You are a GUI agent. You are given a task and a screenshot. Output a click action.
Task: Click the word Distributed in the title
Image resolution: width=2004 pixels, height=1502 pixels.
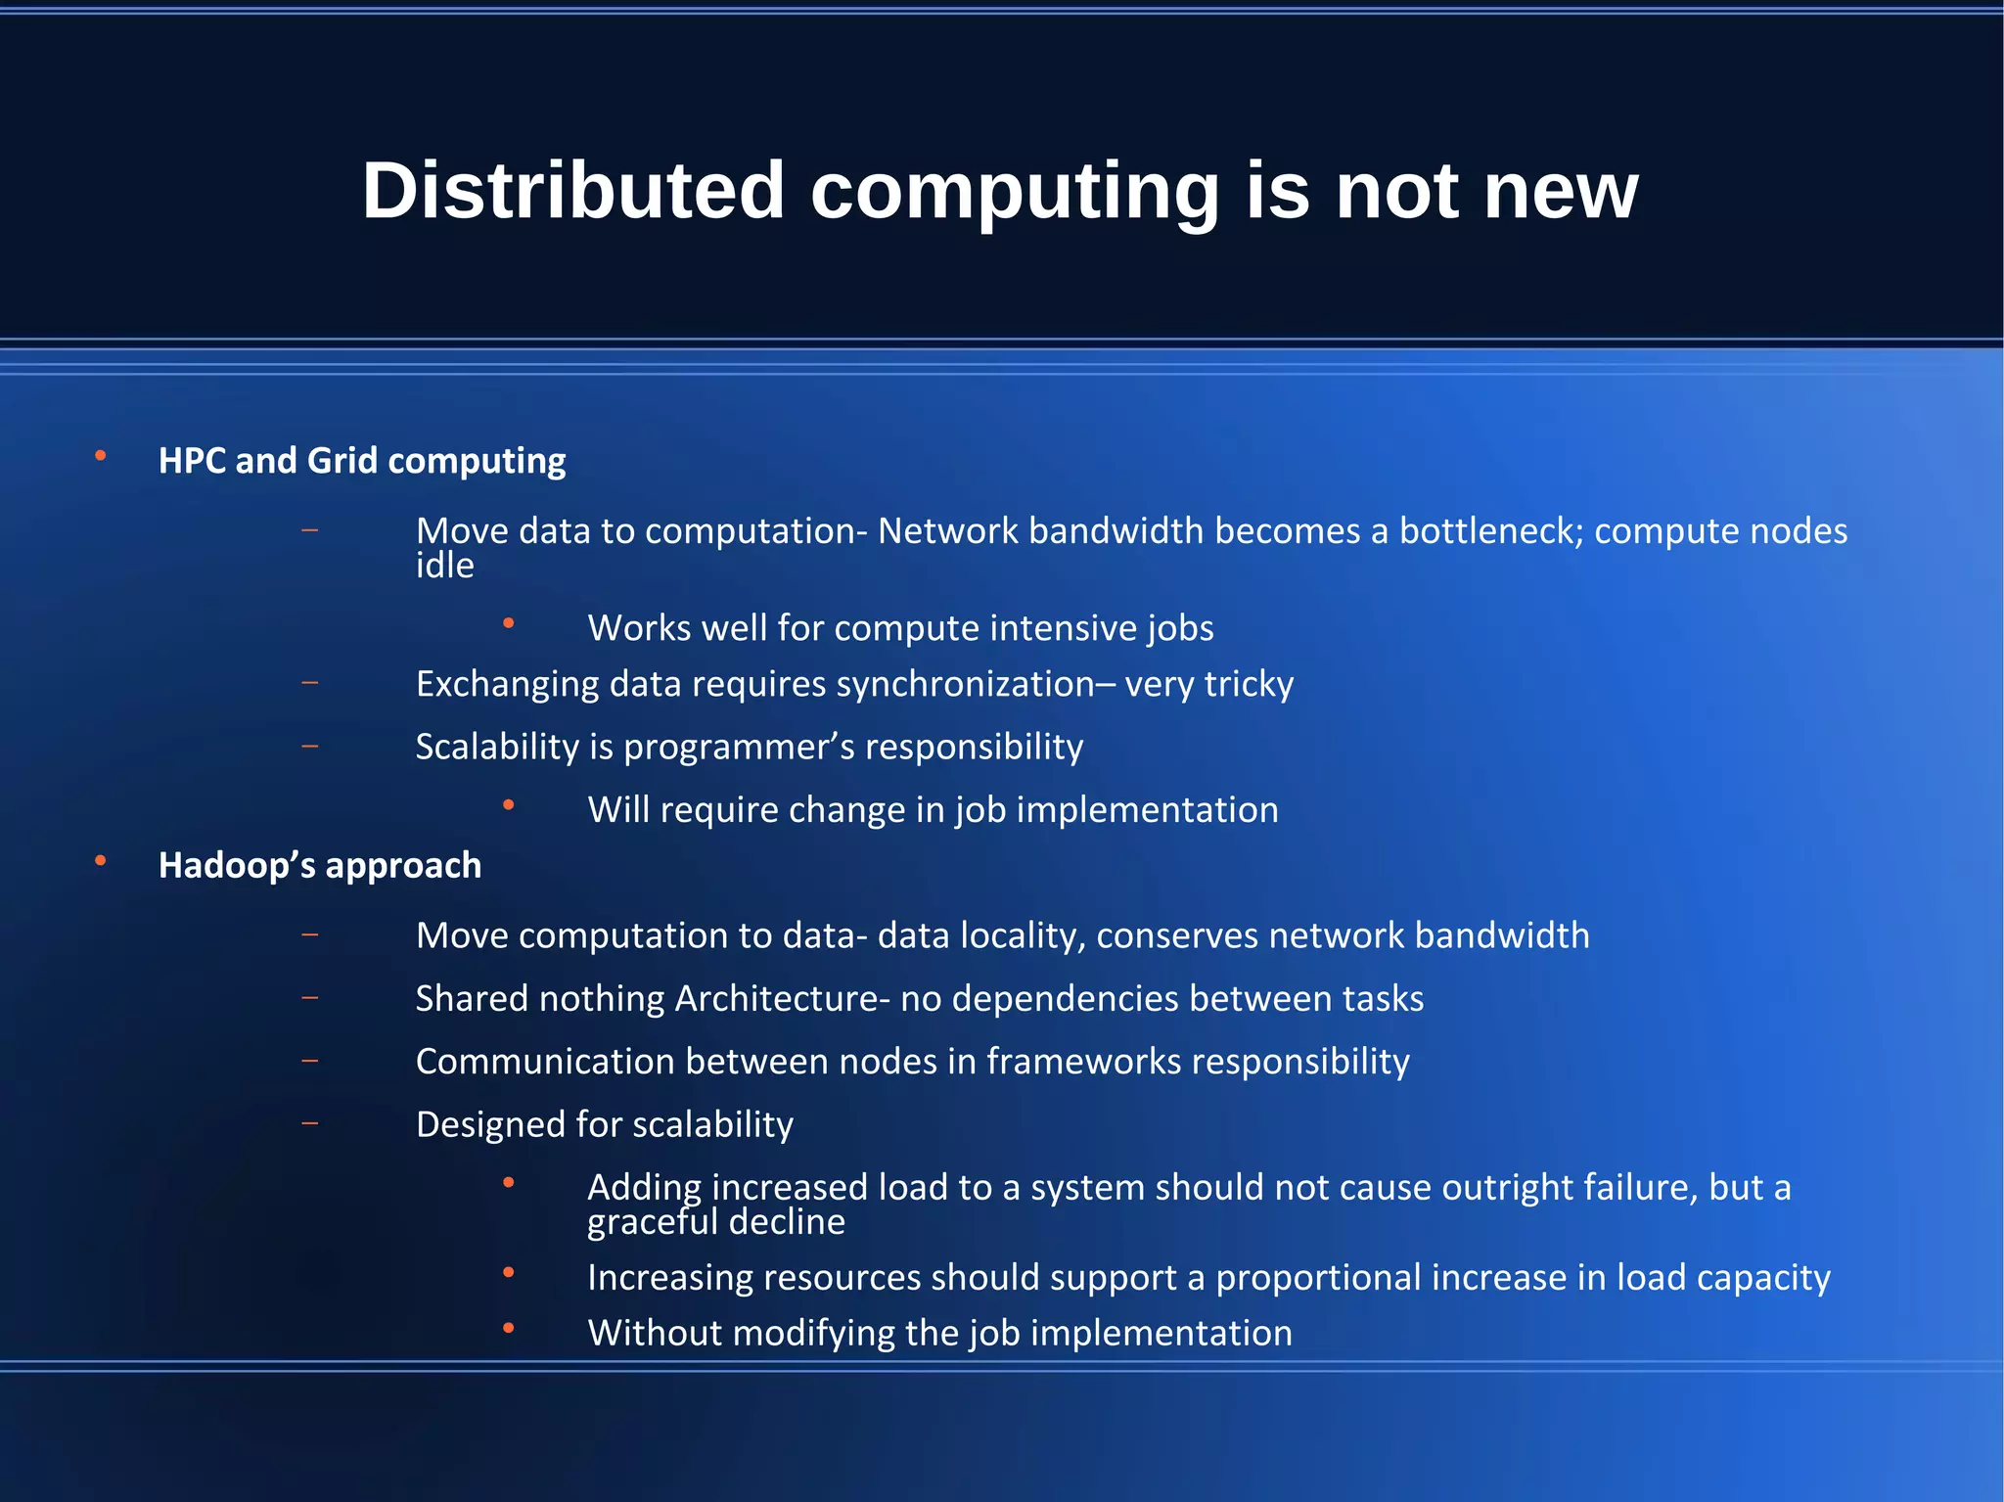pyautogui.click(x=573, y=190)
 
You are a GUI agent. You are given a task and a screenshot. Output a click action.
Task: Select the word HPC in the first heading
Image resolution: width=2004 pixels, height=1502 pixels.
pyautogui.click(x=192, y=461)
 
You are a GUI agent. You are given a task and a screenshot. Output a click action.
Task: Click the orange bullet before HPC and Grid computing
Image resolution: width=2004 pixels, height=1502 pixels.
pyautogui.click(x=100, y=456)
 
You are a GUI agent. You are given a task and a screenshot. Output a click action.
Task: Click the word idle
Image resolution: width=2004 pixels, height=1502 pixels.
pyautogui.click(x=444, y=567)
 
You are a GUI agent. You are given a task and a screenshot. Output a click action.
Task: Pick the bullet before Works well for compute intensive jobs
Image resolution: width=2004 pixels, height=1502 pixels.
pyautogui.click(x=508, y=622)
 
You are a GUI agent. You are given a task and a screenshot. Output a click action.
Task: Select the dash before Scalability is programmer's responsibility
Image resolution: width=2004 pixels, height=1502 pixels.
pyautogui.click(x=310, y=747)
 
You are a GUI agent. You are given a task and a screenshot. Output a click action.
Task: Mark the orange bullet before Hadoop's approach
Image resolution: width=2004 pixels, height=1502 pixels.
pyautogui.click(x=100, y=861)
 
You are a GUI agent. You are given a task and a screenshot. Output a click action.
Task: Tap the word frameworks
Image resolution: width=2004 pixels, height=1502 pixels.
pyautogui.click(x=1083, y=1062)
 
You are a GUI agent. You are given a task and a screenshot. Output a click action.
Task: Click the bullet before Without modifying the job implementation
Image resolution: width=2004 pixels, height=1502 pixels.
pyautogui.click(x=508, y=1328)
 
